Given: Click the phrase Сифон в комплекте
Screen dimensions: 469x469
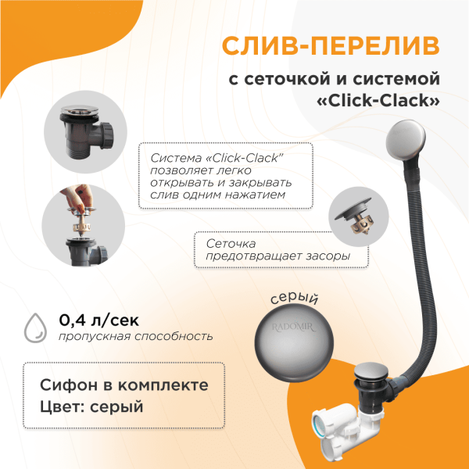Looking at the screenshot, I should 124,385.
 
